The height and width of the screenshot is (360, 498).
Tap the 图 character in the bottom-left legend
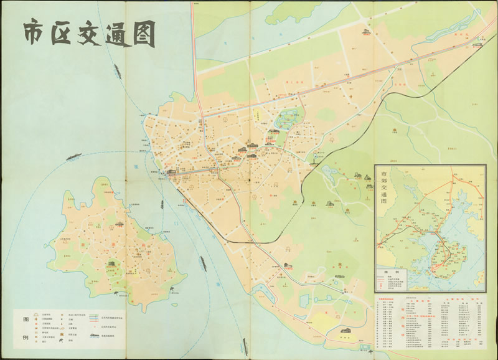pyautogui.click(x=25, y=320)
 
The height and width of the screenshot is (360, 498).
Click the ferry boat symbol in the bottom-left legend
pyautogui.click(x=94, y=336)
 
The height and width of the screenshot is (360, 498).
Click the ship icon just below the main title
pyautogui.click(x=73, y=156)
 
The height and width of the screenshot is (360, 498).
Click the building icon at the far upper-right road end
pyautogui.click(x=477, y=44)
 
